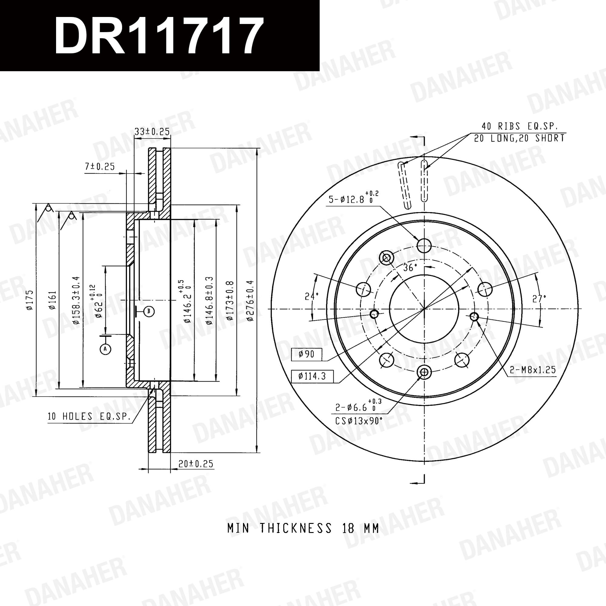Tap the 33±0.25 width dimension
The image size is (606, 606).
pyautogui.click(x=152, y=132)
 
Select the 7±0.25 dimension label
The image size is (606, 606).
pyautogui.click(x=100, y=166)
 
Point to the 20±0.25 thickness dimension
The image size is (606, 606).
pyautogui.click(x=196, y=464)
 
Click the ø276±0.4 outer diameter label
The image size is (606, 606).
pyautogui.click(x=250, y=301)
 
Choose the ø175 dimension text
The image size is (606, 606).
pyautogui.click(x=29, y=300)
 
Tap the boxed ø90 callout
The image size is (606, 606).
pyautogui.click(x=306, y=355)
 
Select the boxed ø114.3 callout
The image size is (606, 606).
pyautogui.click(x=312, y=376)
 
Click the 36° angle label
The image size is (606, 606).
pyautogui.click(x=410, y=268)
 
